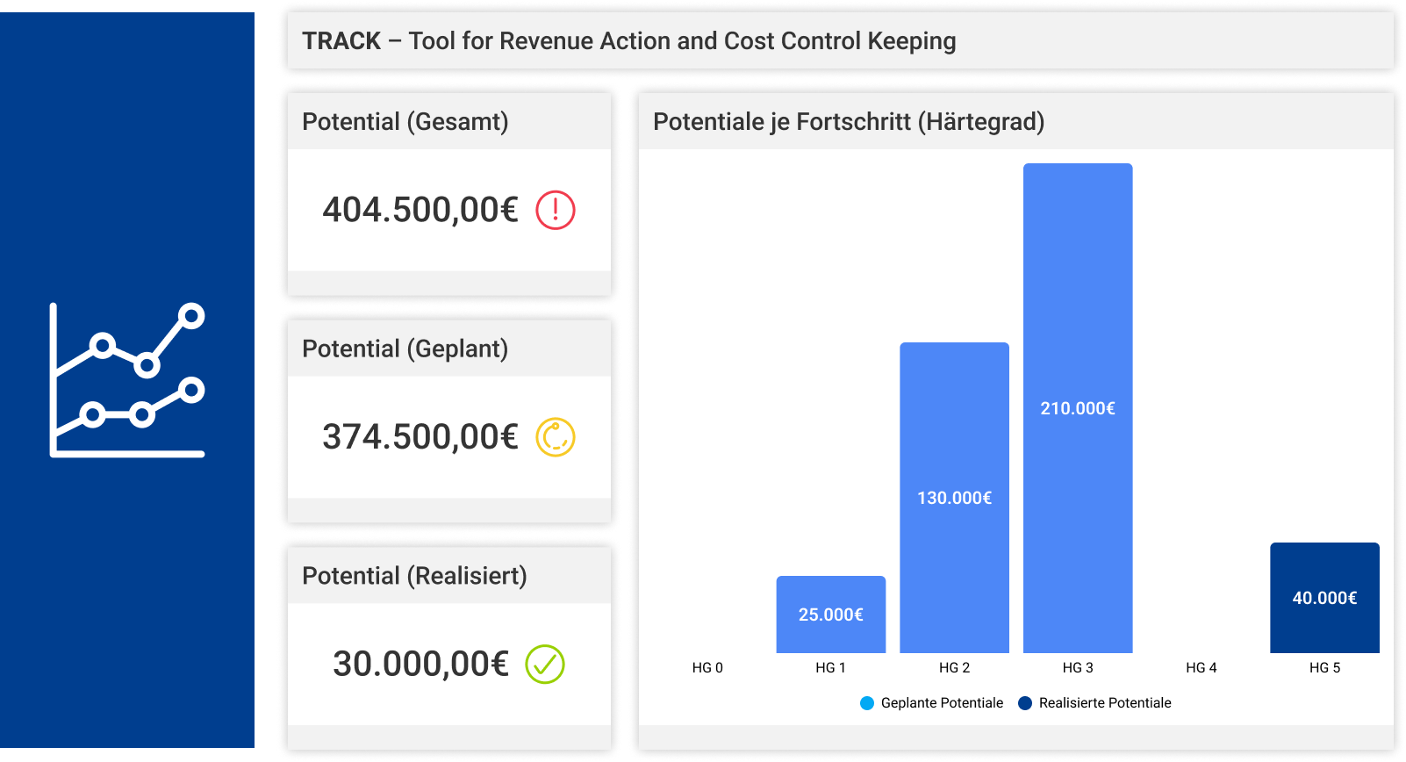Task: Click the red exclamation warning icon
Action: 556,211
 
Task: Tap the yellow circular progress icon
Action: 556,437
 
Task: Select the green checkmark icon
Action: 545,665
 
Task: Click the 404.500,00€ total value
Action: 420,211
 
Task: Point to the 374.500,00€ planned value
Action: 420,437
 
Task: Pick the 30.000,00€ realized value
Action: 420,665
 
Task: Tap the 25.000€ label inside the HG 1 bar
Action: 830,615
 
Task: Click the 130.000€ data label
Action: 954,499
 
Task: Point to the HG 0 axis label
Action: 707,668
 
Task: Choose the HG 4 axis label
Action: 1201,668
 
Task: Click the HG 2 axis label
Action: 954,668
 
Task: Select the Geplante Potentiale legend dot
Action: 867,703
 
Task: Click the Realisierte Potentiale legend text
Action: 1105,703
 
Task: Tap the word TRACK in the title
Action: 341,41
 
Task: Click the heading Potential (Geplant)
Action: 405,349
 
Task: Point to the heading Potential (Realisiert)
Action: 414,577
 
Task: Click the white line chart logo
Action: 127,380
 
